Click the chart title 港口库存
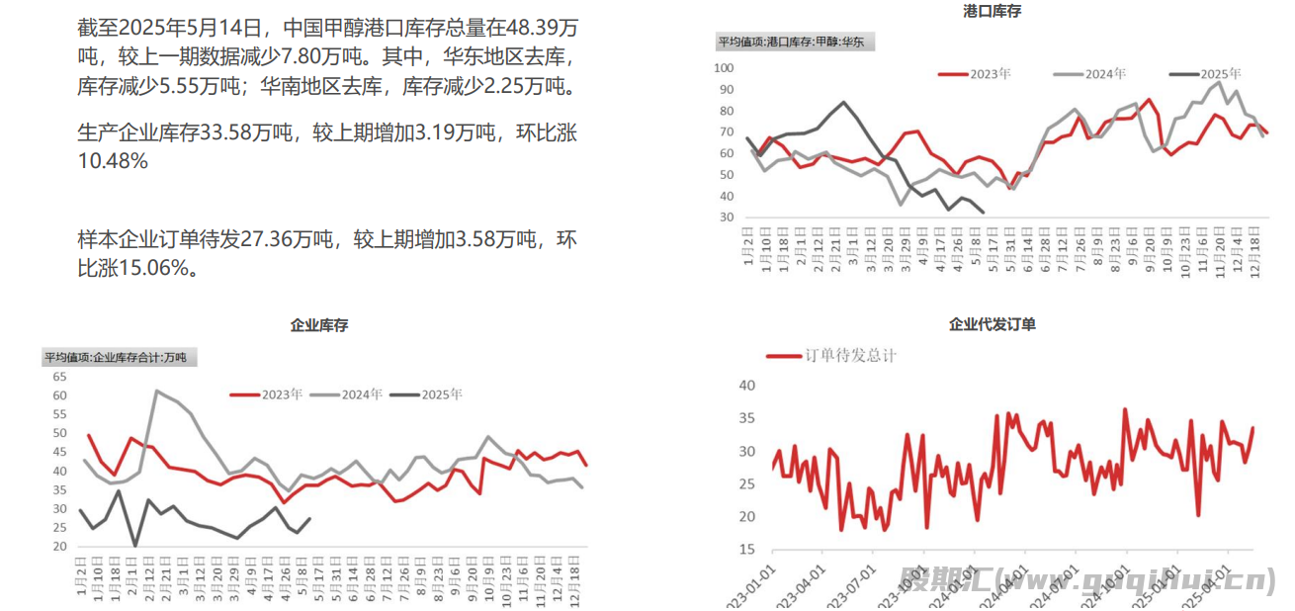coord(992,11)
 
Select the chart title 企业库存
coord(318,324)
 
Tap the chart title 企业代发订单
coord(992,324)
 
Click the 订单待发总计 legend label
coord(850,355)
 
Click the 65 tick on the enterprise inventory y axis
coord(58,377)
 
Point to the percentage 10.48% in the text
coord(113,160)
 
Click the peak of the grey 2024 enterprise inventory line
coord(156,392)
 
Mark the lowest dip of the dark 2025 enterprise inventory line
coord(134,545)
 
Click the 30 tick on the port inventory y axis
coord(727,218)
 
